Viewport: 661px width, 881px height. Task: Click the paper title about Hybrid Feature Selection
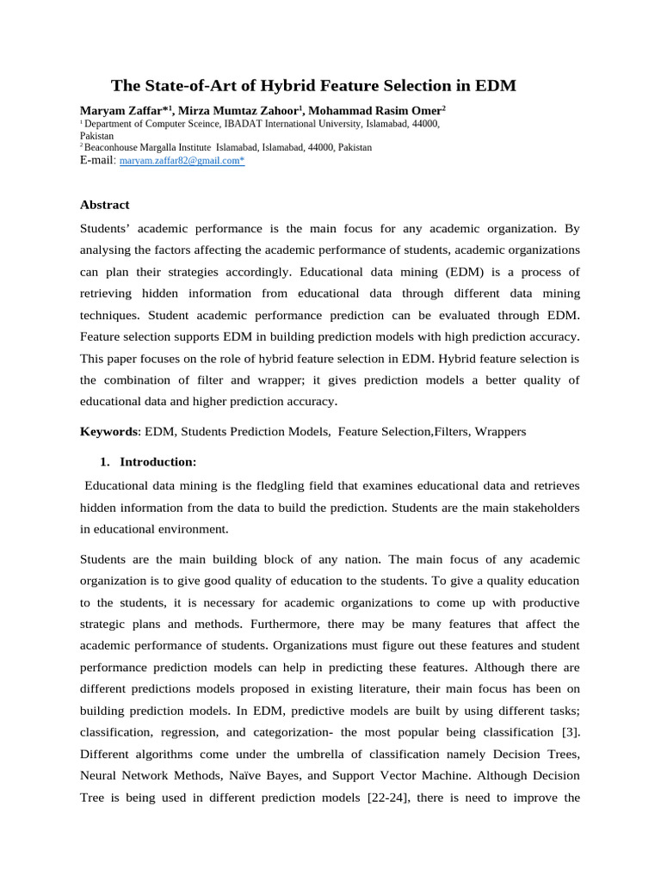click(313, 85)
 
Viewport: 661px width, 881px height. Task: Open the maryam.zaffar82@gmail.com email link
click(181, 161)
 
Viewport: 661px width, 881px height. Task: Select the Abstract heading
click(104, 205)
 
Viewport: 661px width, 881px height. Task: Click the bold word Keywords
click(108, 431)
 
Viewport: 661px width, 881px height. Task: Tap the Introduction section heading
click(158, 461)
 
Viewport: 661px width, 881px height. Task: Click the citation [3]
click(568, 731)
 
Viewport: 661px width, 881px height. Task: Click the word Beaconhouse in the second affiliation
click(114, 147)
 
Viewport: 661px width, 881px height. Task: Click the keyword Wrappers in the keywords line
click(500, 431)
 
